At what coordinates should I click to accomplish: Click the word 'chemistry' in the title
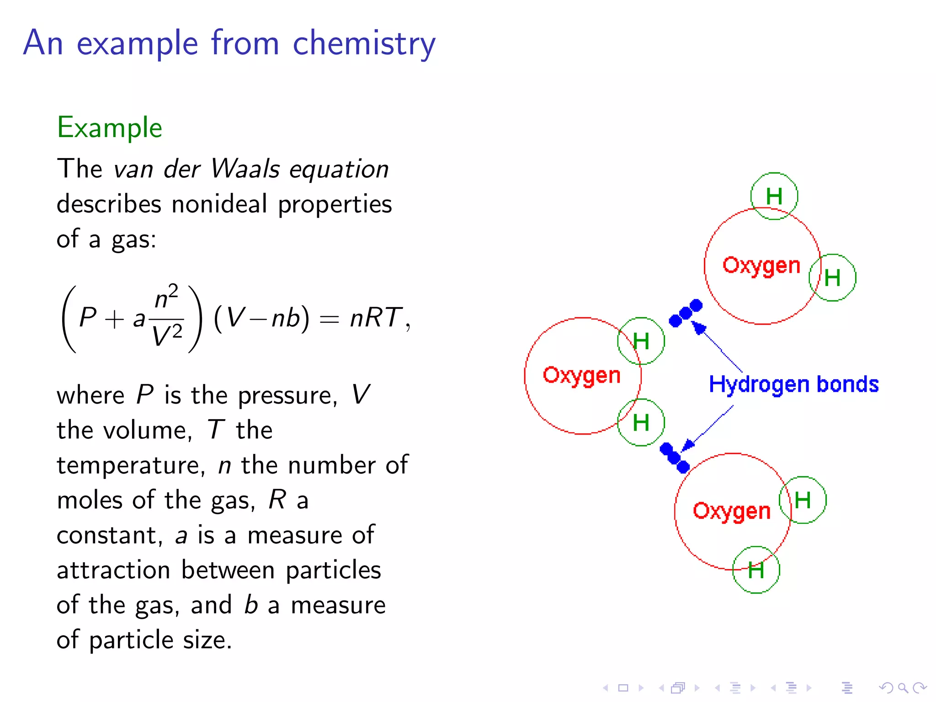[364, 43]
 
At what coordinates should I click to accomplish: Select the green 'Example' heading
[109, 128]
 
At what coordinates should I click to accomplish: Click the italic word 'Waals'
[245, 169]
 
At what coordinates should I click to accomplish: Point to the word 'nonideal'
[219, 204]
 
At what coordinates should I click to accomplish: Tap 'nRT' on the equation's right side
[376, 317]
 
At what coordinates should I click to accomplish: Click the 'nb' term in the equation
[286, 318]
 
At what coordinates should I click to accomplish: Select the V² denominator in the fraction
[167, 335]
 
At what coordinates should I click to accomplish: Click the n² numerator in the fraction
[166, 298]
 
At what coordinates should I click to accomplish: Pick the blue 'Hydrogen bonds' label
[793, 384]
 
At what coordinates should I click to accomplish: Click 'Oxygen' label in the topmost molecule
[761, 266]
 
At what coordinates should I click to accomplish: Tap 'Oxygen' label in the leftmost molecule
[581, 375]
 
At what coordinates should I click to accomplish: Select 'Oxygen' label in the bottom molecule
[732, 511]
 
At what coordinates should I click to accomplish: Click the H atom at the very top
[774, 197]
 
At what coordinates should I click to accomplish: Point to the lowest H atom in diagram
[756, 570]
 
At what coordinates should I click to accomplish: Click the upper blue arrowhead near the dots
[698, 327]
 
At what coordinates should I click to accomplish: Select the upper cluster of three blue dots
[686, 313]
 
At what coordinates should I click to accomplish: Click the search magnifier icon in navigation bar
[903, 687]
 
